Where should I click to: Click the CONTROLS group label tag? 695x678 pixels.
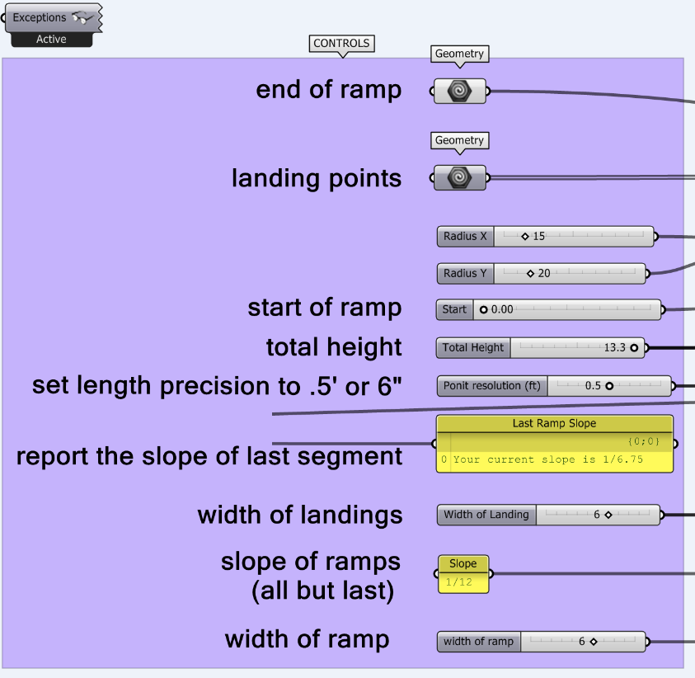(x=342, y=44)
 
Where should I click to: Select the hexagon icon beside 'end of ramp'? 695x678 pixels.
(x=459, y=92)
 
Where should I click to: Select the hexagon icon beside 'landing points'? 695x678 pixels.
(x=459, y=178)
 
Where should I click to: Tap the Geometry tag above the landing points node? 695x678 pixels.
(x=459, y=141)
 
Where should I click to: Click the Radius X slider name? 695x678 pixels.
(x=465, y=237)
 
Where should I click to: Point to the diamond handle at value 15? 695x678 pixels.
(x=525, y=237)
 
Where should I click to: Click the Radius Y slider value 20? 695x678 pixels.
(x=544, y=273)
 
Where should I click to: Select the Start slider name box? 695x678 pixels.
(x=454, y=310)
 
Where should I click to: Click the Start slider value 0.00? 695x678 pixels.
(x=502, y=310)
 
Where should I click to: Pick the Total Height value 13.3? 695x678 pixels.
(x=614, y=348)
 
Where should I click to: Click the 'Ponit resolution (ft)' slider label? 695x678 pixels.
(x=492, y=386)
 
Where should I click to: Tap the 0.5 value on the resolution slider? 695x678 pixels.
(x=593, y=386)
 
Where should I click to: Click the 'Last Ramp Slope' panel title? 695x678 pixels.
(x=554, y=423)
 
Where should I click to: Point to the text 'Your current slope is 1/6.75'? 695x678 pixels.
(x=548, y=459)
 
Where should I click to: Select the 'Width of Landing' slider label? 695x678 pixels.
(x=486, y=515)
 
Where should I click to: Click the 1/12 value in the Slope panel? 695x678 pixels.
(x=455, y=582)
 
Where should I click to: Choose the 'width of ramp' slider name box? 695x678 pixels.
(x=478, y=642)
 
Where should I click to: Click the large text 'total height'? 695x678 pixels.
(x=334, y=347)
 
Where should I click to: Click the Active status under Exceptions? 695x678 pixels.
(x=51, y=40)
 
